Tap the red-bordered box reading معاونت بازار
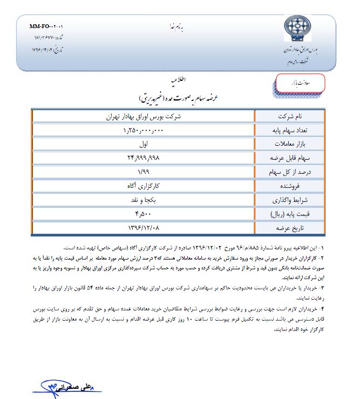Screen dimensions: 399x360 [300, 83]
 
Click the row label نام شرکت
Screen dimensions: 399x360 [290, 117]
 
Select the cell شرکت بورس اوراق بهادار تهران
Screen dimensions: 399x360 [143, 117]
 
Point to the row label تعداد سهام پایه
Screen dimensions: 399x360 [290, 130]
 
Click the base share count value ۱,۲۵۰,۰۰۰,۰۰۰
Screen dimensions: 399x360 [143, 130]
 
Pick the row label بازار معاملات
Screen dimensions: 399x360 [290, 144]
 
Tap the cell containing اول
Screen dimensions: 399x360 [143, 144]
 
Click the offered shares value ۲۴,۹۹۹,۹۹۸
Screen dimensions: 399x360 [143, 158]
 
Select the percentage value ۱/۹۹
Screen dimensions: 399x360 [143, 172]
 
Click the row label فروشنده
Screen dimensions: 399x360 [290, 186]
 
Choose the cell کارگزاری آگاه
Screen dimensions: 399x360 [143, 186]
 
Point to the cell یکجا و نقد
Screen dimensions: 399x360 [143, 200]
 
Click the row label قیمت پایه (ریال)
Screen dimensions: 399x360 [290, 214]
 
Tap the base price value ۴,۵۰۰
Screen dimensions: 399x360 [143, 214]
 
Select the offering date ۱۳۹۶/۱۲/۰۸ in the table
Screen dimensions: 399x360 [143, 227]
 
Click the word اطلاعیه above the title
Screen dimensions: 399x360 [179, 80]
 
